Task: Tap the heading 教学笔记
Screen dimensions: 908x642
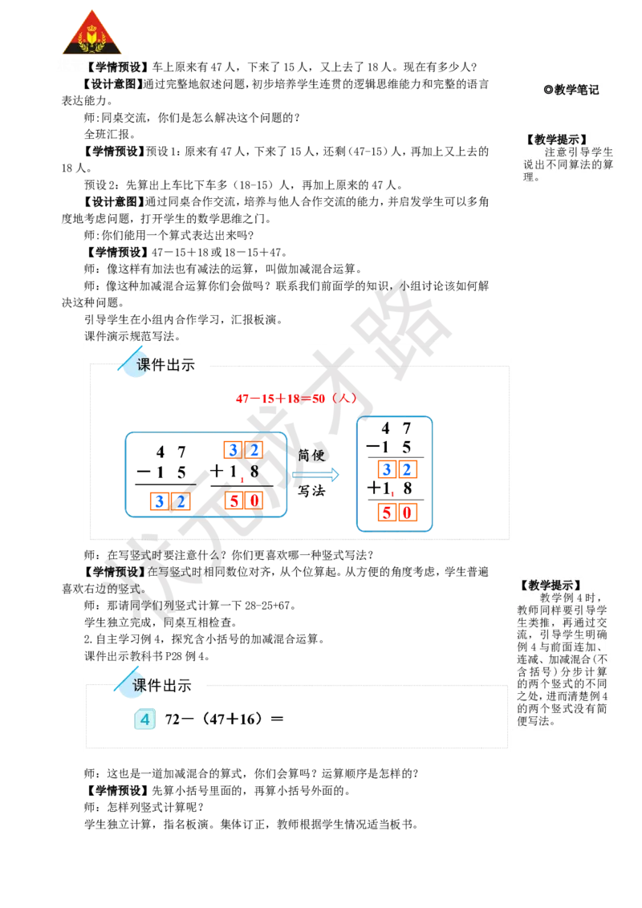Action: pos(571,91)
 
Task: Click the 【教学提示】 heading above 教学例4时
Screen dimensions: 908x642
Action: pos(551,586)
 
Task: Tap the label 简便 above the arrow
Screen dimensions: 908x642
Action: pos(311,455)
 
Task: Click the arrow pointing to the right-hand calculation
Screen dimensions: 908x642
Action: pos(315,474)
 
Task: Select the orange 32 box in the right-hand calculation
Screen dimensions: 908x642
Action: pos(396,470)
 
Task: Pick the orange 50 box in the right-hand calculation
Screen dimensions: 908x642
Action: pos(396,512)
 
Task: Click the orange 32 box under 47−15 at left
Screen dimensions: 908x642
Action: pos(170,502)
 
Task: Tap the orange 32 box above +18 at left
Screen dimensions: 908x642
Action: pos(243,450)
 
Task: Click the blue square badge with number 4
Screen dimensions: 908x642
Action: pos(144,720)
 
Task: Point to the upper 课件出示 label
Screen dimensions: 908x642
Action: pos(165,366)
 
